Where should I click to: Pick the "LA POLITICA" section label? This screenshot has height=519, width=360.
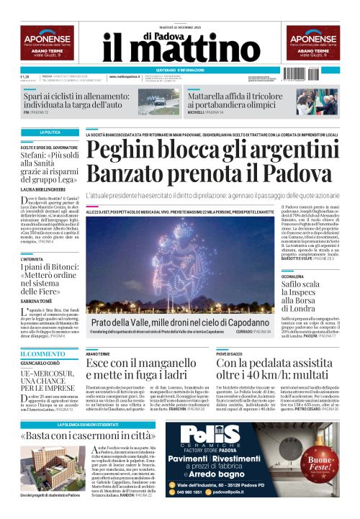pyautogui.click(x=50, y=132)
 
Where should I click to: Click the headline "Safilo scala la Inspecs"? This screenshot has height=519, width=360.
pyautogui.click(x=298, y=295)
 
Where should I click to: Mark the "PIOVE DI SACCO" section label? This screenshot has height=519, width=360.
pyautogui.click(x=231, y=354)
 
